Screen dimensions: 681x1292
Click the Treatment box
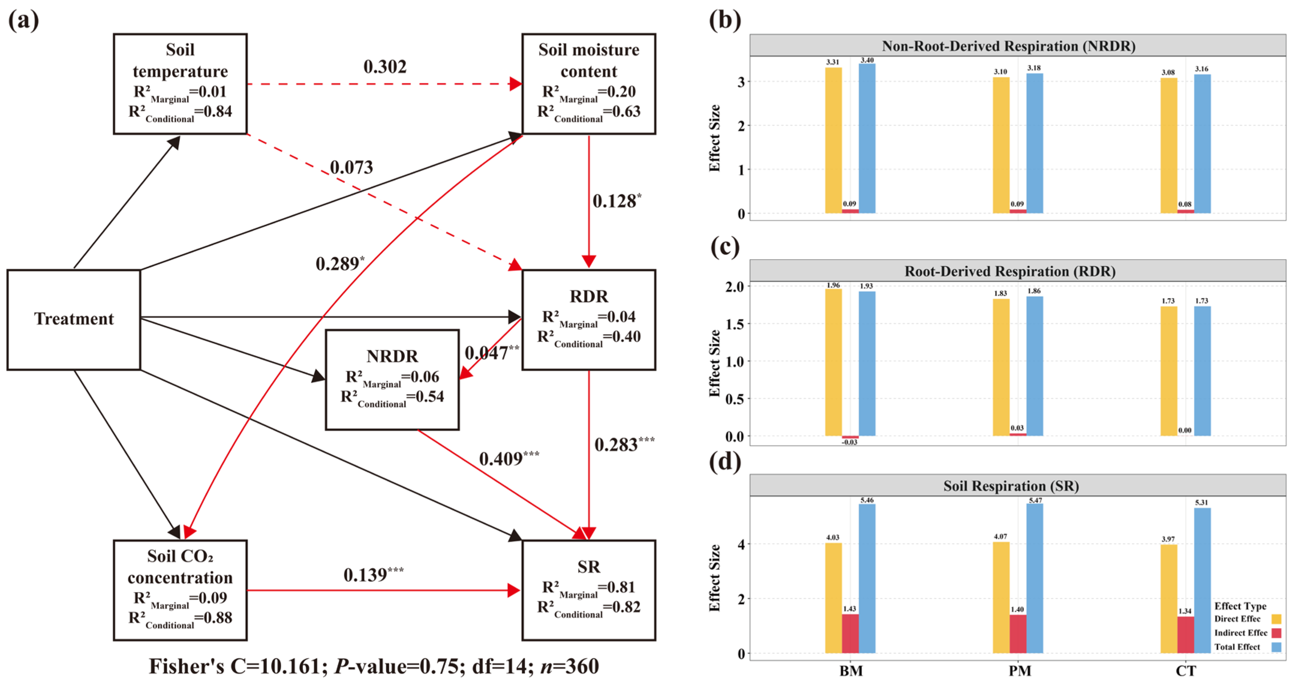[x=74, y=319]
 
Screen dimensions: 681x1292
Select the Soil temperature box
[x=180, y=84]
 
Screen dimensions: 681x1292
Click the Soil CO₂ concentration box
[x=180, y=590]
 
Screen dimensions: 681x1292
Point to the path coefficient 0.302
[x=385, y=67]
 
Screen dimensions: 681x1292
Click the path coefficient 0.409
[x=501, y=459]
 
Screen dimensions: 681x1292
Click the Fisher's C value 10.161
[x=292, y=666]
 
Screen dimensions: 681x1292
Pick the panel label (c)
[x=725, y=247]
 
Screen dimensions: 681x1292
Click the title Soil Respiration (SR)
[x=1011, y=486]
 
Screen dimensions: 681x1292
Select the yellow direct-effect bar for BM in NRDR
[x=833, y=140]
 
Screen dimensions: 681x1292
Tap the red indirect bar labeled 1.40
[x=1018, y=633]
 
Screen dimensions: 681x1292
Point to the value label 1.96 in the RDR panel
[x=833, y=285]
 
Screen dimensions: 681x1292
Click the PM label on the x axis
[x=1020, y=670]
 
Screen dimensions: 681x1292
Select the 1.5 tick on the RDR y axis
[x=734, y=324]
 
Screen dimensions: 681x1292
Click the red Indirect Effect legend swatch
[x=1277, y=633]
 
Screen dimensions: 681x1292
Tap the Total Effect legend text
[x=1237, y=647]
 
